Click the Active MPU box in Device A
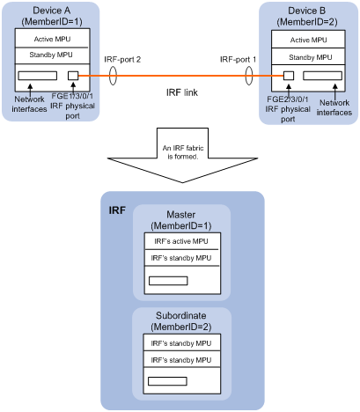click(52, 38)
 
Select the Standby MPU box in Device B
click(308, 56)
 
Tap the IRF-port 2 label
click(122, 60)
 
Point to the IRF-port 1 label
click(238, 60)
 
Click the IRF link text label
click(182, 92)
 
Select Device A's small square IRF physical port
click(73, 76)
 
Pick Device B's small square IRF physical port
click(289, 76)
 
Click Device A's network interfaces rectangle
click(38, 76)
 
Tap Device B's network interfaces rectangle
click(322, 76)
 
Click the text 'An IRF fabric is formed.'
click(183, 152)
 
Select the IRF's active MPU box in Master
click(181, 241)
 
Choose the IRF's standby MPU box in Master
click(181, 258)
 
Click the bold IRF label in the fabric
click(117, 210)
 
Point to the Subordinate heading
click(181, 315)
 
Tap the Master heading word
click(181, 215)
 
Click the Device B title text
click(306, 11)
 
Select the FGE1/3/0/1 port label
click(72, 96)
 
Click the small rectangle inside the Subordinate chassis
click(167, 381)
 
